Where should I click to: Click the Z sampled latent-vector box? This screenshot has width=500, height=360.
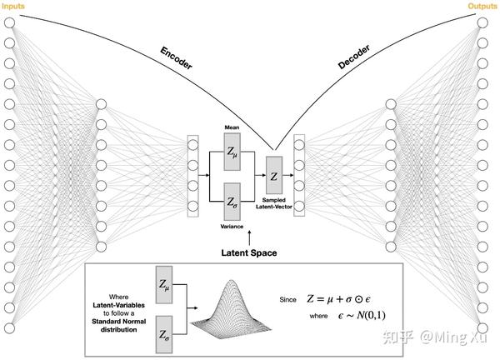[x=274, y=176]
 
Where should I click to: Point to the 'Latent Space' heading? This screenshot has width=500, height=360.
[x=248, y=252]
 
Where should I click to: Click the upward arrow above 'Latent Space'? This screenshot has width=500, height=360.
[x=248, y=237]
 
